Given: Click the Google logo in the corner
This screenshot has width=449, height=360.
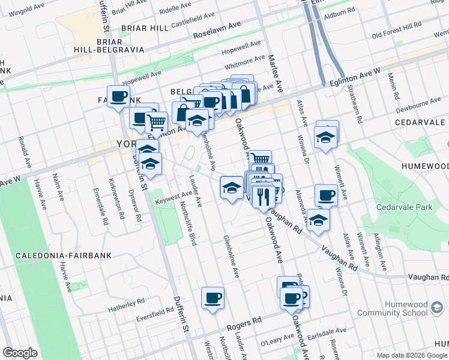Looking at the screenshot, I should coord(20,353).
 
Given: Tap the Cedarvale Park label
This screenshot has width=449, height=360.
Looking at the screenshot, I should coord(404,207).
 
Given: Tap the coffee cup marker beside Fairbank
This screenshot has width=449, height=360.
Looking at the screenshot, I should coord(119,96).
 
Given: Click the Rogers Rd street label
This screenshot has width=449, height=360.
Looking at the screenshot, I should coord(246,324).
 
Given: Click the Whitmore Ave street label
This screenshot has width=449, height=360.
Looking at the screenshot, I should coord(244,61).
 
